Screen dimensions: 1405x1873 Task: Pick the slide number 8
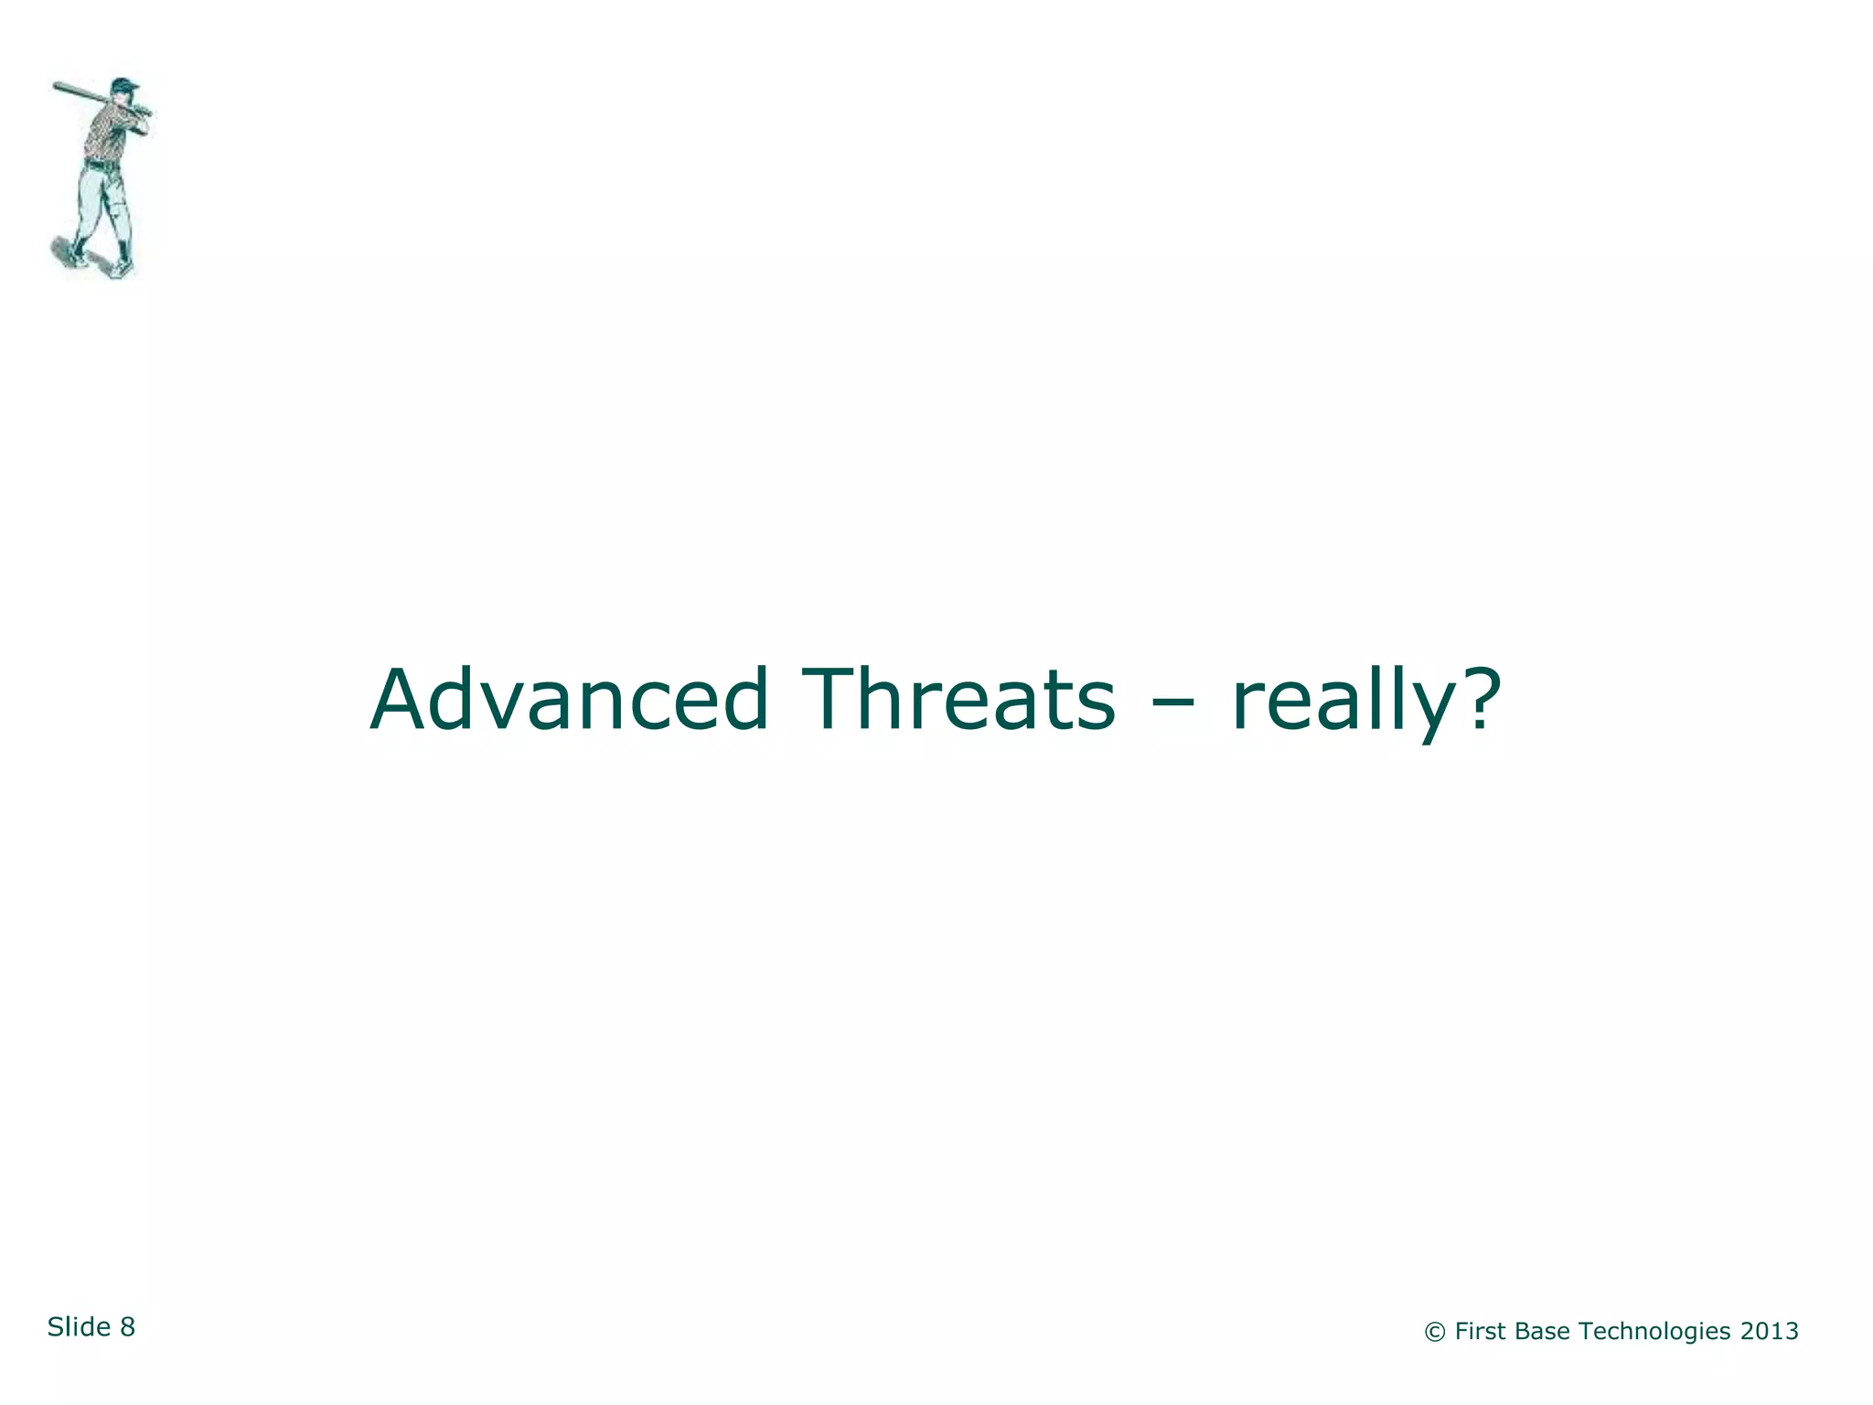pyautogui.click(x=127, y=1327)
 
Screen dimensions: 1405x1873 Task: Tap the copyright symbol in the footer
pyautogui.click(x=1434, y=1332)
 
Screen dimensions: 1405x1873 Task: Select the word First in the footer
pyautogui.click(x=1479, y=1331)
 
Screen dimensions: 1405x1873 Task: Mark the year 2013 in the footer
pyautogui.click(x=1770, y=1331)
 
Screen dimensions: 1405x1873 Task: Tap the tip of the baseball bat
pyautogui.click(x=57, y=87)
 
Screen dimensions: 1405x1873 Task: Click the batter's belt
pyautogui.click(x=102, y=166)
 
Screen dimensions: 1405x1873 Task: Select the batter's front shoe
pyautogui.click(x=121, y=269)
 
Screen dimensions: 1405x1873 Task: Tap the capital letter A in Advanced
pyautogui.click(x=402, y=700)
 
